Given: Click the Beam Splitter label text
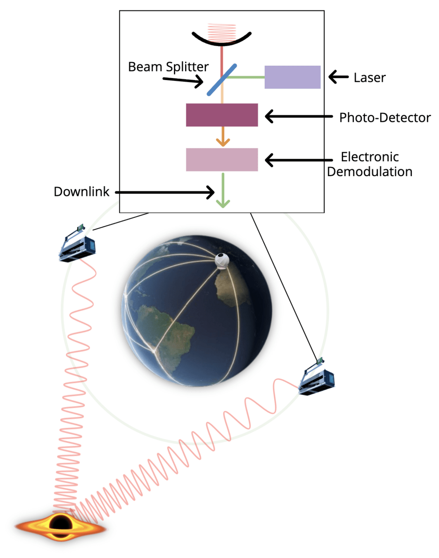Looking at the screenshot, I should [x=168, y=67].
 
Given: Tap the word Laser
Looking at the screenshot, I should [x=369, y=78].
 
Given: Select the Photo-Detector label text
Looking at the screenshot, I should [x=384, y=118].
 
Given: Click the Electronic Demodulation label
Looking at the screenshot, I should [x=370, y=164].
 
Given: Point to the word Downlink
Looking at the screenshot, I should [x=81, y=192].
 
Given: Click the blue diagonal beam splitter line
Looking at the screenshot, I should [x=222, y=80].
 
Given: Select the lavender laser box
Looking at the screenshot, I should [x=292, y=77].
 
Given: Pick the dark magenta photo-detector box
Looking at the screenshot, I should [x=222, y=115].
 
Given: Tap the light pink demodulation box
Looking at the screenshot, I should [x=222, y=160].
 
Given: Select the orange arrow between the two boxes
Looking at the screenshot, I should [x=223, y=136].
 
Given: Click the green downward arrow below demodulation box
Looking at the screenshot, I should [x=223, y=190].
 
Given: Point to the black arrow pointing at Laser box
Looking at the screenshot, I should [x=339, y=77].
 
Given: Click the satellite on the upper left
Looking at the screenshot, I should [x=77, y=246].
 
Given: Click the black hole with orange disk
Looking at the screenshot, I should [x=61, y=526].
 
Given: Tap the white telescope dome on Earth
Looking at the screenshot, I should [x=222, y=261].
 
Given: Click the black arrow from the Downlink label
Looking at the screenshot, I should [x=165, y=192].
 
